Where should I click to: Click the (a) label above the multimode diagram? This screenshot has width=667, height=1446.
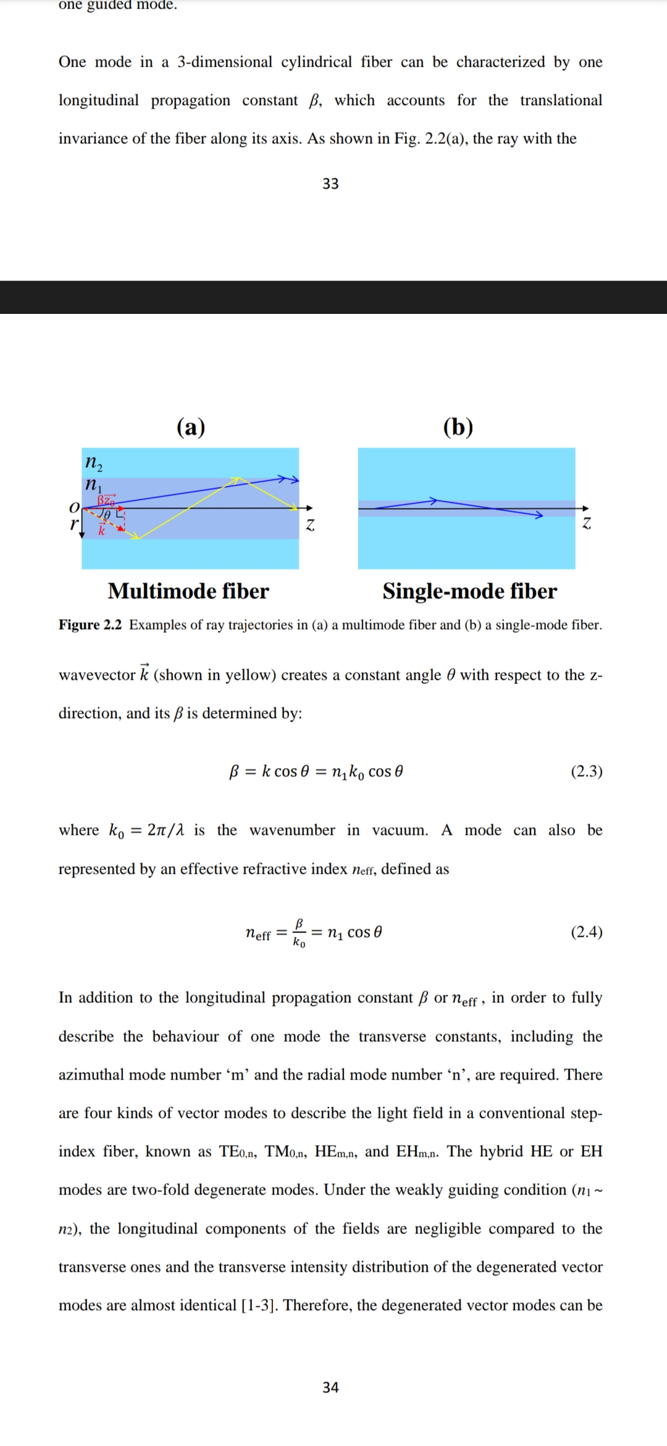pyautogui.click(x=191, y=427)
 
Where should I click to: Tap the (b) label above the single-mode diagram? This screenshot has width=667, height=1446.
pyautogui.click(x=458, y=427)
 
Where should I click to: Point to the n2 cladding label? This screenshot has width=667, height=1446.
pyautogui.click(x=94, y=462)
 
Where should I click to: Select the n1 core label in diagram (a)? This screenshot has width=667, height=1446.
pyautogui.click(x=93, y=484)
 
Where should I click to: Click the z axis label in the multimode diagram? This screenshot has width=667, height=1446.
pyautogui.click(x=310, y=525)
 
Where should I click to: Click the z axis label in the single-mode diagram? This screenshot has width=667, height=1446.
pyautogui.click(x=587, y=523)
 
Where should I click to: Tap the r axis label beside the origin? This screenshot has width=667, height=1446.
pyautogui.click(x=74, y=525)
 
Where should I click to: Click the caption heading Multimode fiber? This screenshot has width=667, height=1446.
pyautogui.click(x=188, y=591)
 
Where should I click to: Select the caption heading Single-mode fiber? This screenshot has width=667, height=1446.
pyautogui.click(x=469, y=591)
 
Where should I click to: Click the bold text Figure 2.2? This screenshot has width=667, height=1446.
pyautogui.click(x=90, y=625)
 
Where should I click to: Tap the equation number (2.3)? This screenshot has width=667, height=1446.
pyautogui.click(x=586, y=771)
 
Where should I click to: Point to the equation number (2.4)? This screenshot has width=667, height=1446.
pyautogui.click(x=586, y=932)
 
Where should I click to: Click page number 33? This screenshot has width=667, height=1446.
pyautogui.click(x=330, y=184)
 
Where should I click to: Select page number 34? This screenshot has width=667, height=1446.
pyautogui.click(x=330, y=1387)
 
